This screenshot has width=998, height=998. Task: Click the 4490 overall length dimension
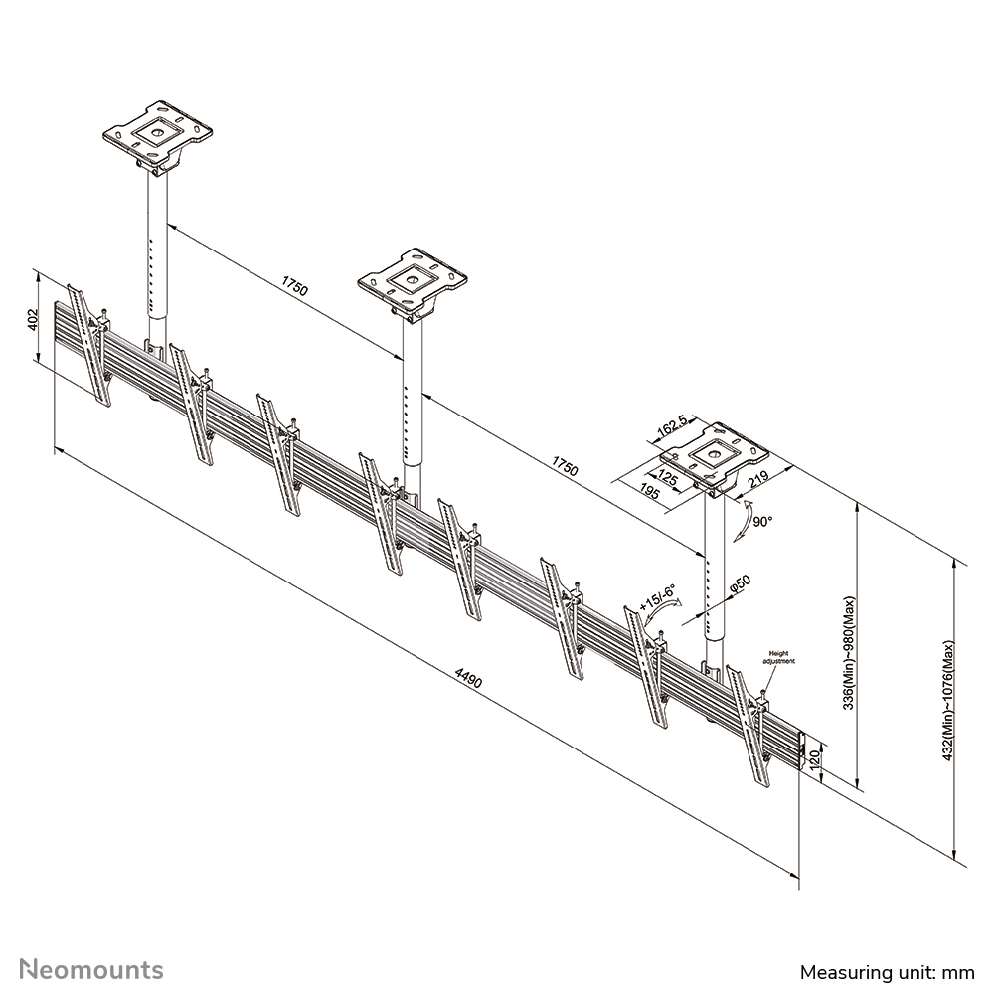pos(468,680)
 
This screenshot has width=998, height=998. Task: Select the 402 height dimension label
pos(32,320)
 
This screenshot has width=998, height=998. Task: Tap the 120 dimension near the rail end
pos(814,762)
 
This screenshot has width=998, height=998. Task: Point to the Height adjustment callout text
pos(777,657)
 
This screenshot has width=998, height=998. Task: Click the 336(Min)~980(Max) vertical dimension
pos(848,648)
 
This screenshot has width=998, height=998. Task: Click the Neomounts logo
pos(92,969)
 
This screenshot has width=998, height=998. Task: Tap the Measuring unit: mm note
pos(887,971)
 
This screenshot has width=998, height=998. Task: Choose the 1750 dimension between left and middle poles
pos(294,288)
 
